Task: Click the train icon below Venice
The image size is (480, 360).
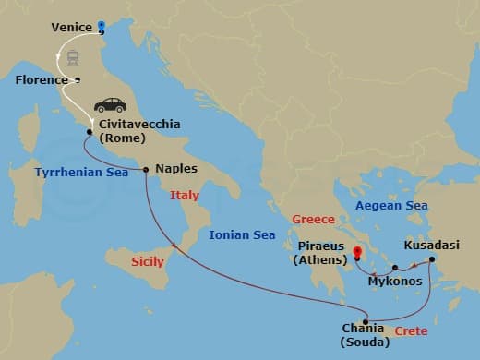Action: (71, 56)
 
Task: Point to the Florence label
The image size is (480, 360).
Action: (42, 80)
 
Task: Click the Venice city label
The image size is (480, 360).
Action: (71, 28)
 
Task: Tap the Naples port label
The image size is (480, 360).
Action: (176, 169)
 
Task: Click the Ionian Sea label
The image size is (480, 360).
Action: (242, 235)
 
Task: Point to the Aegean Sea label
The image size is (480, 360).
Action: (392, 205)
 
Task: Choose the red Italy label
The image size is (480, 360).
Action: (184, 196)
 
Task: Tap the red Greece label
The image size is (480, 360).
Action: (313, 219)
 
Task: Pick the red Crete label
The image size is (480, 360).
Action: (411, 330)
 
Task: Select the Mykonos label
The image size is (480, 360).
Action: (395, 281)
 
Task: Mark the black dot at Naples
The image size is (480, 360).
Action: (147, 169)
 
